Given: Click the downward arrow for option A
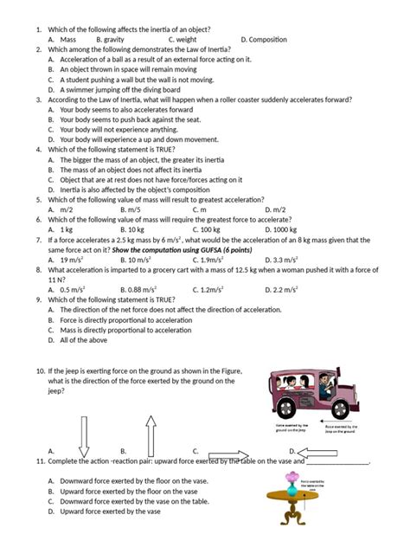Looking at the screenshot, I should (x=84, y=436).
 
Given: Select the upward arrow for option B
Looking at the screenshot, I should (x=150, y=434).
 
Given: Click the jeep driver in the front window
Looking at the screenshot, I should (x=327, y=382).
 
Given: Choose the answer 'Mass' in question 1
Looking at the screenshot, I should (x=68, y=40).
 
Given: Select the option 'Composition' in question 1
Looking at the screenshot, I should (x=268, y=40).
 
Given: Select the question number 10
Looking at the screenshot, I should (x=40, y=371).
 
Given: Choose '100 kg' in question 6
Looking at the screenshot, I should (x=208, y=230).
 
